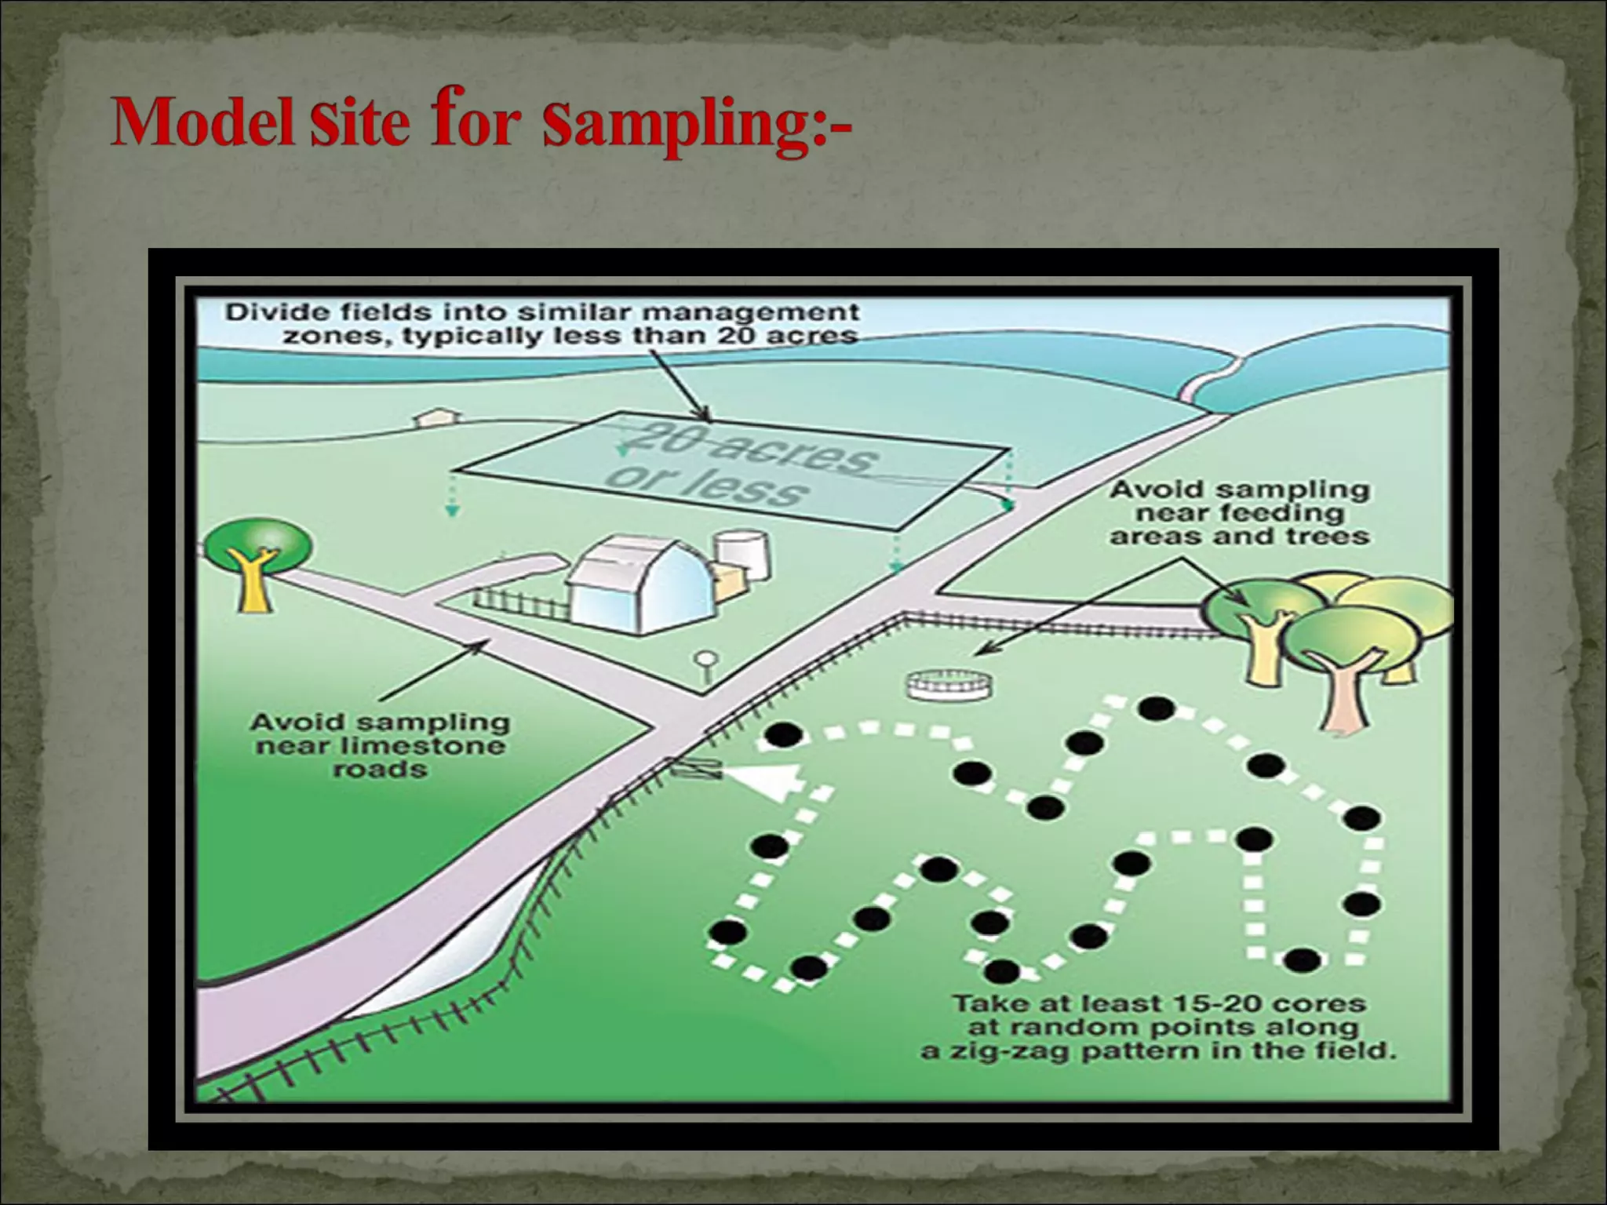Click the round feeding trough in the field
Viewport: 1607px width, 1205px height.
(x=948, y=685)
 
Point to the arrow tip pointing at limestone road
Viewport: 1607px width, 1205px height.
(x=486, y=643)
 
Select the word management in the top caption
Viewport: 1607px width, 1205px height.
(x=751, y=312)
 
